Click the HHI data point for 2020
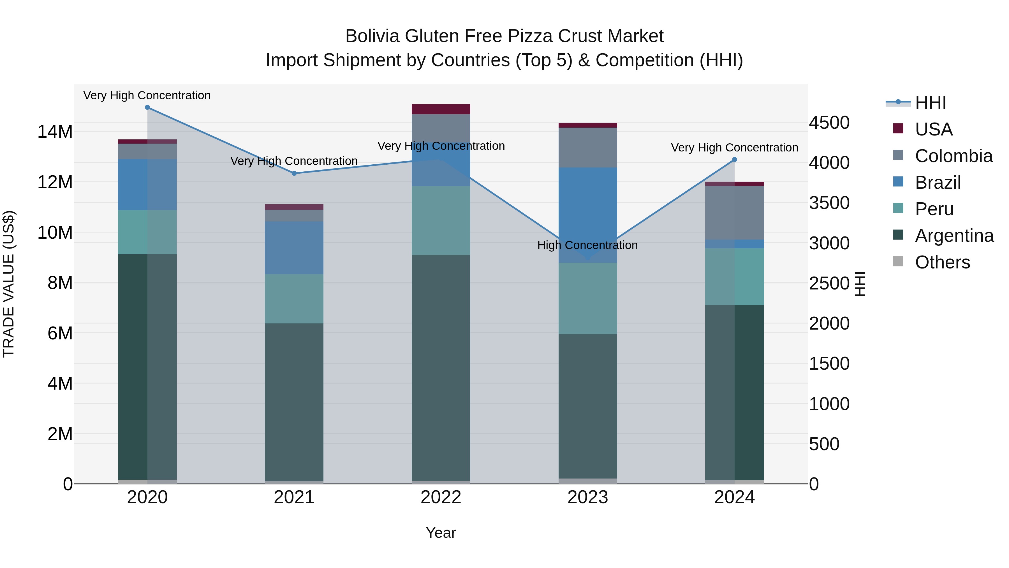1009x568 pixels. tap(147, 107)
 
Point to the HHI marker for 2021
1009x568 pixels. tap(294, 173)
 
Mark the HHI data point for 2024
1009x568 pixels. tap(734, 160)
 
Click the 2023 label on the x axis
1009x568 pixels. tap(587, 497)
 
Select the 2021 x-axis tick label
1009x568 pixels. tap(294, 497)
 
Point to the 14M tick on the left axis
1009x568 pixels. tap(55, 132)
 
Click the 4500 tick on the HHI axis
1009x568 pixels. tap(829, 123)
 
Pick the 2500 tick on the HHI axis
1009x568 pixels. tap(829, 283)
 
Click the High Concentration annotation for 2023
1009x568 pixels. tap(587, 245)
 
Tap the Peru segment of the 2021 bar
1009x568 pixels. tap(294, 299)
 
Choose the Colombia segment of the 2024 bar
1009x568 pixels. tap(734, 213)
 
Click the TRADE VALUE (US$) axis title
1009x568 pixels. tap(9, 284)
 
